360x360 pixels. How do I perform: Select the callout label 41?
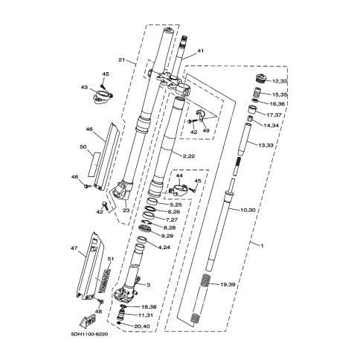200,51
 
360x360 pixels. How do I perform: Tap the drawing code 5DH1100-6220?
89,334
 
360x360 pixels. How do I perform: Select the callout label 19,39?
228,284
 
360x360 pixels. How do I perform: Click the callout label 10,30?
248,210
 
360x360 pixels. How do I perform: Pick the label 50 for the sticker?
83,147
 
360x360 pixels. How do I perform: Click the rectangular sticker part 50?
94,164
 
